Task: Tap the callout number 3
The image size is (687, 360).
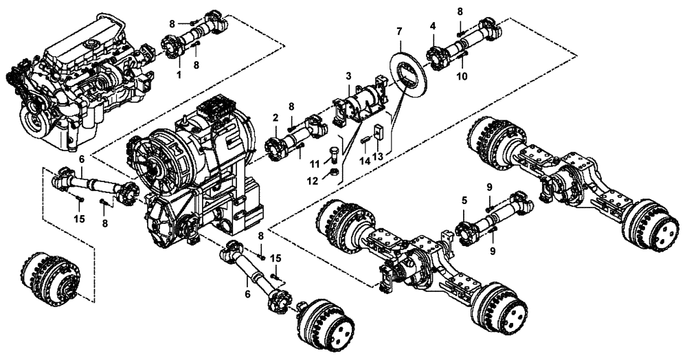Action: click(348, 75)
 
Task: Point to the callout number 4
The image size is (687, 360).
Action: click(433, 26)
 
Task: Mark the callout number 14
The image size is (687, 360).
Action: click(365, 159)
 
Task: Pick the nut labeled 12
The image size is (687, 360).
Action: click(333, 171)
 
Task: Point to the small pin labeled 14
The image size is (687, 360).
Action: click(365, 140)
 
